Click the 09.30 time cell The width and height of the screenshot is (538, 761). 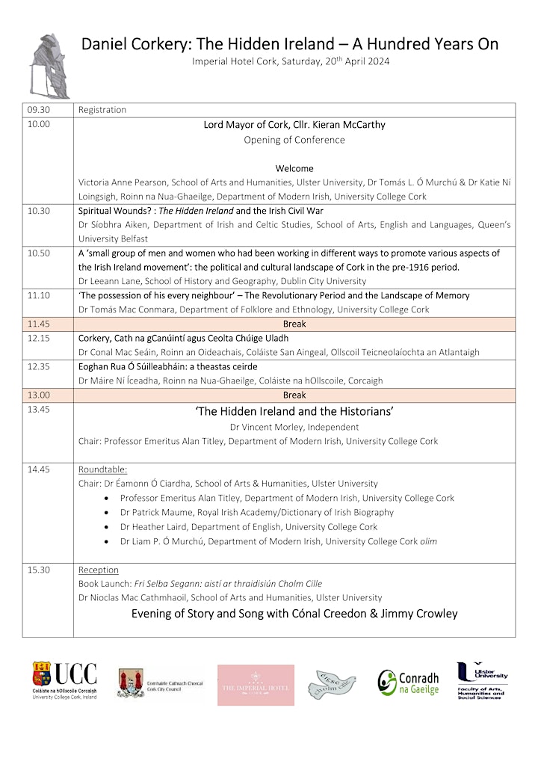pyautogui.click(x=38, y=110)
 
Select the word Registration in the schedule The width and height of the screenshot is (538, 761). pyautogui.click(x=102, y=110)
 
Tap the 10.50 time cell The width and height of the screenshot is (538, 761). pyautogui.click(x=38, y=253)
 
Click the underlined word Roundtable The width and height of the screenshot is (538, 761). pyautogui.click(x=102, y=469)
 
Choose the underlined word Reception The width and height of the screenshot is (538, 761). pyautogui.click(x=99, y=570)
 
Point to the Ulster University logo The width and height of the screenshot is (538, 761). pyautogui.click(x=482, y=680)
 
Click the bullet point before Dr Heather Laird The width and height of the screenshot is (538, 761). pyautogui.click(x=109, y=527)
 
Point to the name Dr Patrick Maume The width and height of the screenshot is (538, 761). pyautogui.click(x=154, y=512)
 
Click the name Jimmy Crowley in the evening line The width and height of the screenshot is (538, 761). pyautogui.click(x=422, y=614)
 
